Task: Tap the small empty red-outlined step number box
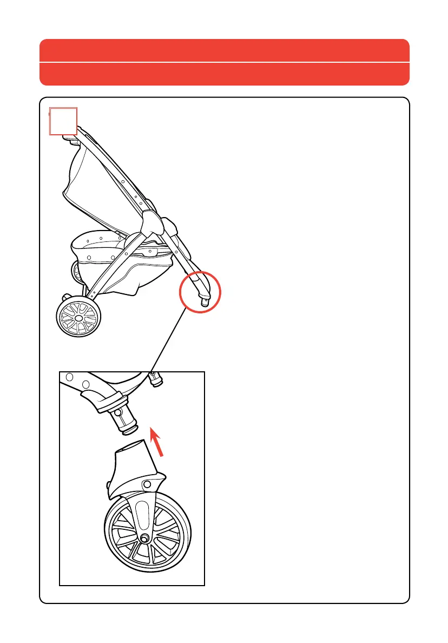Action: point(63,121)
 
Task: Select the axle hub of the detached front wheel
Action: point(146,538)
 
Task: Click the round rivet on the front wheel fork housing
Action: point(146,483)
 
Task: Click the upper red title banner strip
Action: point(224,50)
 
